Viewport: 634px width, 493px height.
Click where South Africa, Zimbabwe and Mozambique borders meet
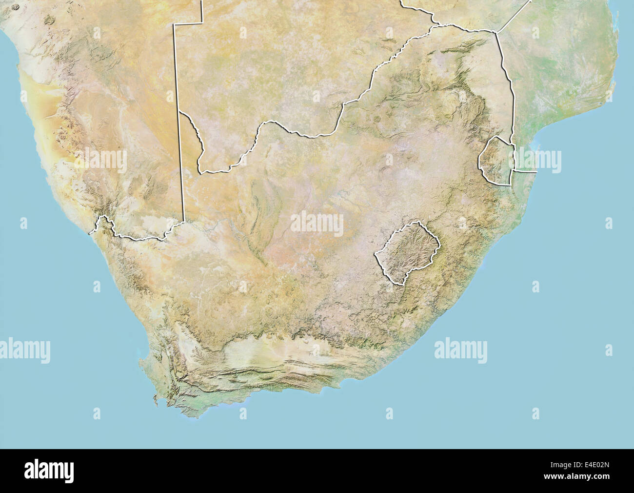click(x=496, y=32)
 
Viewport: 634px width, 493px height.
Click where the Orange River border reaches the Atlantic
click(x=90, y=233)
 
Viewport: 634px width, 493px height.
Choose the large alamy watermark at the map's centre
click(x=317, y=224)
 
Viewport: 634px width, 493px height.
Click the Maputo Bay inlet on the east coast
click(x=535, y=144)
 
